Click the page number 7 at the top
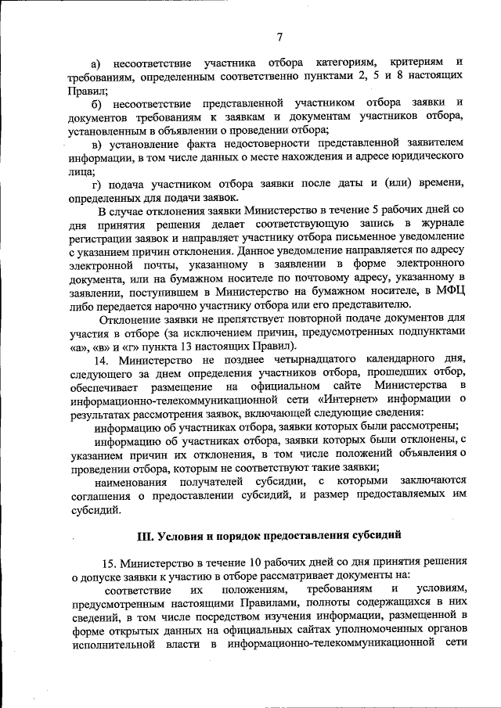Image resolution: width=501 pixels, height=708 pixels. [279, 34]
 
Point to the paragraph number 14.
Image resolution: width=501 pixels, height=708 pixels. [103, 359]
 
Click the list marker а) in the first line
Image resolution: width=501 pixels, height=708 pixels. [98, 61]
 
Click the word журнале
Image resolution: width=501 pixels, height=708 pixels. [440, 224]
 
